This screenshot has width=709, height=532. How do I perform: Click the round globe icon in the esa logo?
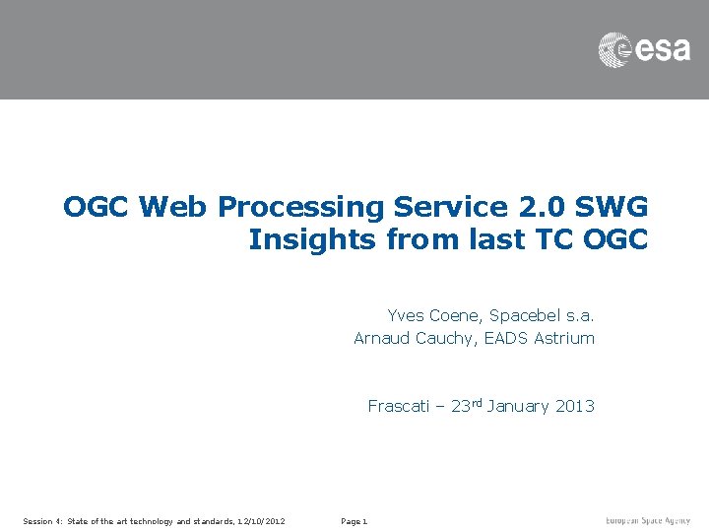tap(615, 49)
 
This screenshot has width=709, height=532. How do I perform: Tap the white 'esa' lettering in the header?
tap(662, 49)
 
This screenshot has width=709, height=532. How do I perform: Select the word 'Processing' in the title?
tap(301, 208)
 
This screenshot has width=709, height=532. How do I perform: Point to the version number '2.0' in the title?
tap(527, 207)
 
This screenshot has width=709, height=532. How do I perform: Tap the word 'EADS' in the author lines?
tap(506, 338)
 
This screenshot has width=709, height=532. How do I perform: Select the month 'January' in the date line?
tap(518, 406)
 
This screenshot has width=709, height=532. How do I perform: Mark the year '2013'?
tap(575, 406)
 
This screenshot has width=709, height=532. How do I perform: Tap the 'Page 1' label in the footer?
tap(354, 521)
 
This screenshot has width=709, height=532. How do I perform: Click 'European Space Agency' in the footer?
tap(648, 520)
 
